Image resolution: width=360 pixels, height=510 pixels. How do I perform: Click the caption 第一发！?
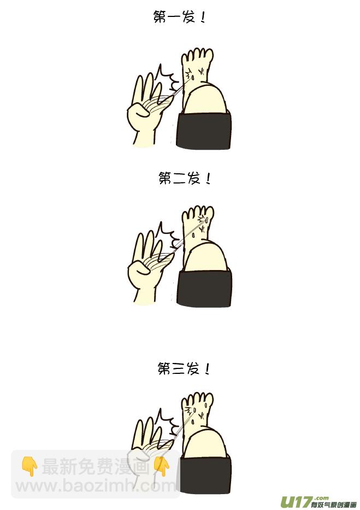pyautogui.click(x=179, y=17)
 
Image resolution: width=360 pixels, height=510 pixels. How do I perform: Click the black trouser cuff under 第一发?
pyautogui.click(x=204, y=130)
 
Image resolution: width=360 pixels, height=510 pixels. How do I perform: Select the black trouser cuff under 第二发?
pyautogui.click(x=204, y=288)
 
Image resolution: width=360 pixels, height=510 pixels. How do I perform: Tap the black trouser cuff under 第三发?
pyautogui.click(x=205, y=476)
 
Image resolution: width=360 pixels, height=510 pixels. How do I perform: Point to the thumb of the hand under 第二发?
pyautogui.click(x=139, y=268)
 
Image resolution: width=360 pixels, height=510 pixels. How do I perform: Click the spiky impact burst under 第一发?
pyautogui.click(x=167, y=78)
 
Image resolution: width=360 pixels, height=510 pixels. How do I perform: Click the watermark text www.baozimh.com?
pyautogui.click(x=96, y=486)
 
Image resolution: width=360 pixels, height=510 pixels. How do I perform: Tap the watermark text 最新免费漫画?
pyautogui.click(x=96, y=466)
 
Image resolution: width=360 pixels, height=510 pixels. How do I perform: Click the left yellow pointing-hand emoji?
pyautogui.click(x=29, y=466)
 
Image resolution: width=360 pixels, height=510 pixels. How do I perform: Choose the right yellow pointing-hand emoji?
pyautogui.click(x=162, y=466)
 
